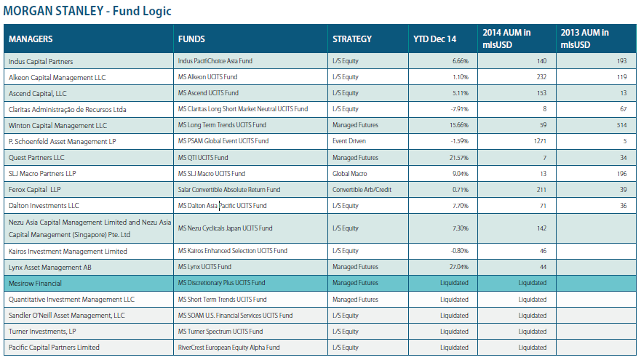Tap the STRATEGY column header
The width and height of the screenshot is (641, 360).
click(352, 39)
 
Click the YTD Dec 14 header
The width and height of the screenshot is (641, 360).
click(435, 39)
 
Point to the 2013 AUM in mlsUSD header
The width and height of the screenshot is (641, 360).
click(585, 39)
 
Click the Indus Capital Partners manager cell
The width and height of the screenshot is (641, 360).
click(41, 61)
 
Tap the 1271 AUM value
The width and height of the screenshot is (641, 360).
click(539, 140)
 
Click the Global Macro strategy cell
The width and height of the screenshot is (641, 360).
click(350, 174)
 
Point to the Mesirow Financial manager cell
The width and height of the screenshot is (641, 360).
click(35, 283)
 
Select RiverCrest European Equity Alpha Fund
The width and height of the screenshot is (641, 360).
click(229, 347)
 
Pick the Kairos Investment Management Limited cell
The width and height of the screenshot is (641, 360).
click(68, 251)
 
